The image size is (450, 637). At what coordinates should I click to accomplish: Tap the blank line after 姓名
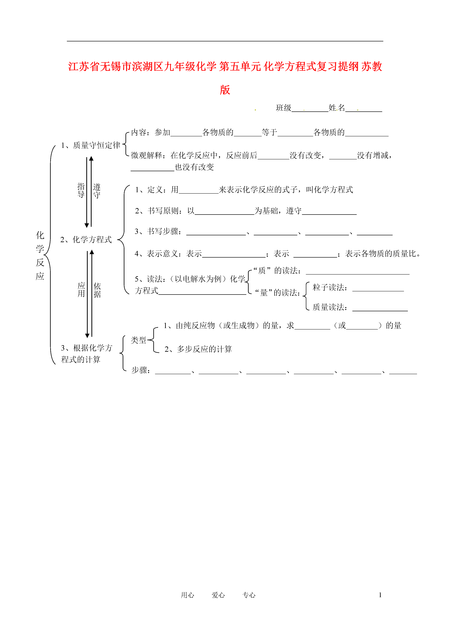tap(364, 111)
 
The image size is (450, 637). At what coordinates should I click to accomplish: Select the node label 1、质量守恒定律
tap(91, 145)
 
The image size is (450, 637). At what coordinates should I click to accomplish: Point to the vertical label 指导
tap(81, 190)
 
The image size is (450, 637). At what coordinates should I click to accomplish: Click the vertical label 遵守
tap(97, 191)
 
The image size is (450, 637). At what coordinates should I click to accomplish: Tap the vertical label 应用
tap(81, 289)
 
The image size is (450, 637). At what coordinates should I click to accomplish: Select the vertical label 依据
tap(97, 290)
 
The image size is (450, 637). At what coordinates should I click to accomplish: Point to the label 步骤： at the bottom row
tap(141, 370)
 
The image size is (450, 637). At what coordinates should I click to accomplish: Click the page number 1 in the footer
tap(380, 595)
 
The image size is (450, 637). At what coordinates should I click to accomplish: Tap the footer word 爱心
tap(218, 595)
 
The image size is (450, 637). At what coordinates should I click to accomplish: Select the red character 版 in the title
tap(225, 90)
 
